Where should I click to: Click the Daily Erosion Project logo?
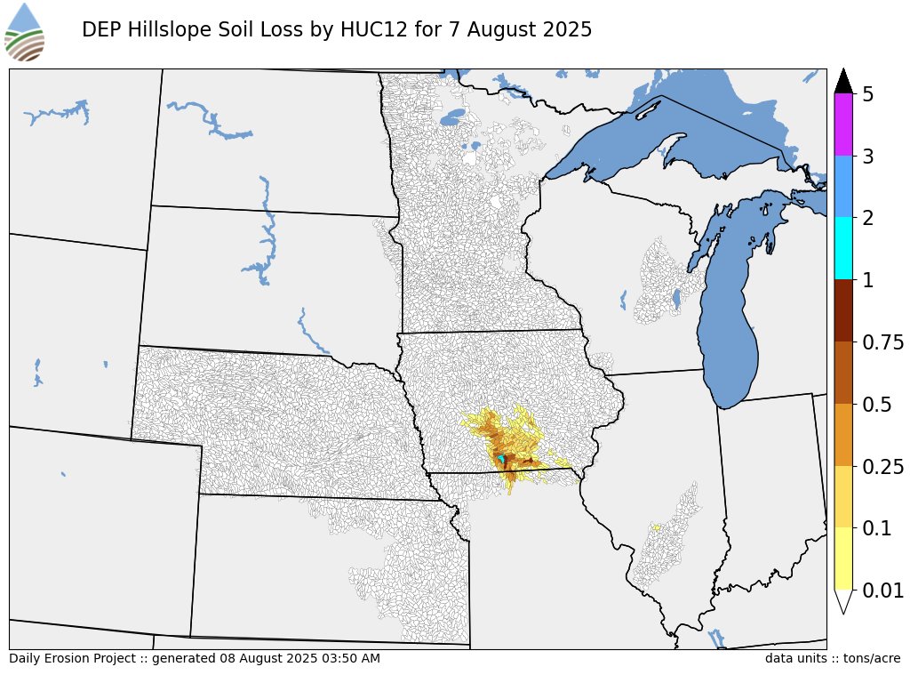click(x=24, y=31)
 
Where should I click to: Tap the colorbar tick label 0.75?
click(x=884, y=342)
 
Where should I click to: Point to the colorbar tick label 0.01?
click(x=884, y=591)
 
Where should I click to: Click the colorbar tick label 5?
click(x=868, y=94)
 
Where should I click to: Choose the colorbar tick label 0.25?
click(x=884, y=467)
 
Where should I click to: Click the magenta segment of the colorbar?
click(x=843, y=125)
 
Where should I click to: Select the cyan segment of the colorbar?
click(x=843, y=249)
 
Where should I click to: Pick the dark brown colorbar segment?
click(x=843, y=311)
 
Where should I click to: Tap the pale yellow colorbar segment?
click(x=843, y=558)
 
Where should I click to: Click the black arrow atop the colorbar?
click(x=843, y=80)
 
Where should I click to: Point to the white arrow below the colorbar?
click(x=843, y=601)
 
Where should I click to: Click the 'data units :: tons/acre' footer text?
click(x=832, y=658)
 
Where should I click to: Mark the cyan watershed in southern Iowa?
click(x=502, y=459)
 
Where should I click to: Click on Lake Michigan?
click(x=729, y=329)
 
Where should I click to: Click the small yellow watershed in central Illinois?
click(x=656, y=527)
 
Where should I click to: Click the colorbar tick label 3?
click(x=868, y=157)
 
